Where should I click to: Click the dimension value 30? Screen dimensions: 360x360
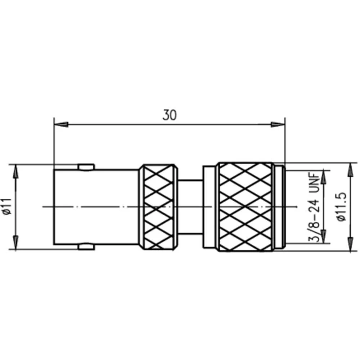(x=170, y=115)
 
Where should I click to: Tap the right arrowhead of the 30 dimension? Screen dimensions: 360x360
(x=278, y=125)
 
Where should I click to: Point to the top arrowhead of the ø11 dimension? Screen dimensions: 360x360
(x=15, y=171)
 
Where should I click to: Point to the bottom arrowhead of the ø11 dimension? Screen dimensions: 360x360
(x=15, y=242)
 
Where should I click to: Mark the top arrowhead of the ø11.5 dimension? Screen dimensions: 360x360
(x=350, y=169)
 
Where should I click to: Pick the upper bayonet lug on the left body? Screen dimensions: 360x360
(x=86, y=167)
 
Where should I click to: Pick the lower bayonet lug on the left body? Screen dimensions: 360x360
(x=86, y=247)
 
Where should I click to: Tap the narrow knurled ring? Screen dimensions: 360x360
(x=159, y=207)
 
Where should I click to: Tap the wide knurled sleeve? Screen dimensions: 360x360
(x=246, y=207)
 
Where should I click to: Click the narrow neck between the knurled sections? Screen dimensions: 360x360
(x=190, y=207)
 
